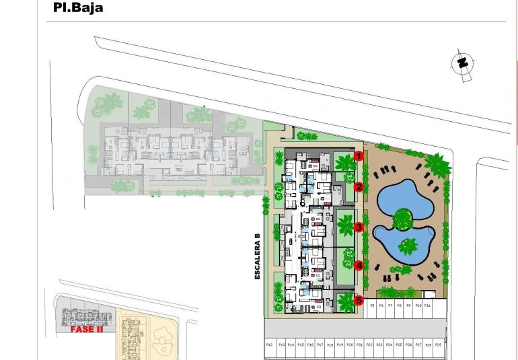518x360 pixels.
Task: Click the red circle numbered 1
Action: pyautogui.click(x=359, y=156)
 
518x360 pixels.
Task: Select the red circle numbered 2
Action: pyautogui.click(x=359, y=187)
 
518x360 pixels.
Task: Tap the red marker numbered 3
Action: pyautogui.click(x=359, y=227)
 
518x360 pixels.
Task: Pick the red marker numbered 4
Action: pyautogui.click(x=359, y=265)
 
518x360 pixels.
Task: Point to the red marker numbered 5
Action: pyautogui.click(x=359, y=300)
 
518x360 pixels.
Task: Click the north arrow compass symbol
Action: pyautogui.click(x=462, y=63)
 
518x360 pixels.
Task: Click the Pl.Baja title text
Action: pyautogui.click(x=78, y=9)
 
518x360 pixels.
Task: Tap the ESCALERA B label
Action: pyautogui.click(x=257, y=255)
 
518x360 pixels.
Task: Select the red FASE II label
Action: pyautogui.click(x=86, y=330)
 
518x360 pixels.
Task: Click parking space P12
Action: pyautogui.click(x=269, y=345)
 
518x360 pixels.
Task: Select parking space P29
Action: pyautogui.click(x=438, y=345)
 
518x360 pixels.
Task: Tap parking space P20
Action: pyautogui.click(x=350, y=345)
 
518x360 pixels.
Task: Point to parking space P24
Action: pyautogui.click(x=389, y=345)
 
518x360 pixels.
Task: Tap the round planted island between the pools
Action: pyautogui.click(x=402, y=217)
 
